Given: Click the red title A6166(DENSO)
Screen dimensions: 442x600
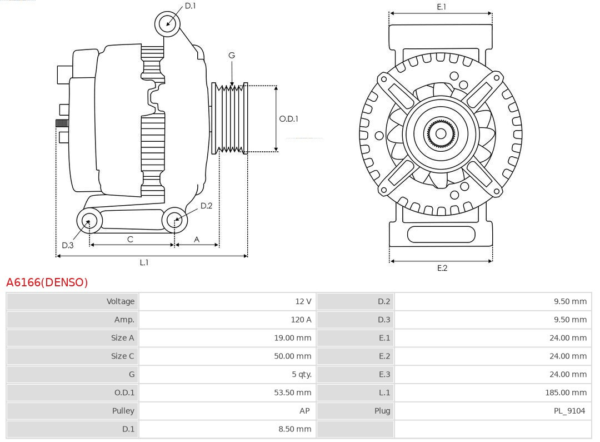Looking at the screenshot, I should [47, 282].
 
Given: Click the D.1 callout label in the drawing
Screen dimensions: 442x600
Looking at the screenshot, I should [190, 6].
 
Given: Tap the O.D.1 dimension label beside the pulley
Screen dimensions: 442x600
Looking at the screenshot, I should [288, 118].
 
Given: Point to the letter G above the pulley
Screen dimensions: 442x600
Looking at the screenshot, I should [232, 55].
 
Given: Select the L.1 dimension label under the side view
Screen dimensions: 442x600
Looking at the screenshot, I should [144, 262].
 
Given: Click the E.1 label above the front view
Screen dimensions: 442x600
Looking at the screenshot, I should [441, 7].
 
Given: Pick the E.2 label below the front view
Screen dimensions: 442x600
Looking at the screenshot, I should [442, 268].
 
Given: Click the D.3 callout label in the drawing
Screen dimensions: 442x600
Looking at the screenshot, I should [68, 245].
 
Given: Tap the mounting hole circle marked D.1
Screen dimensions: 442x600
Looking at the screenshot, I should [167, 23].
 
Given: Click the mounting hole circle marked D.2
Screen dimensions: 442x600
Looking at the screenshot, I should [174, 220].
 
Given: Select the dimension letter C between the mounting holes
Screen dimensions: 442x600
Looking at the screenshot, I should [130, 239].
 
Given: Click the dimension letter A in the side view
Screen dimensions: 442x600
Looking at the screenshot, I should [197, 239].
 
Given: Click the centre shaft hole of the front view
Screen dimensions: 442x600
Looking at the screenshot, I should [441, 133].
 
